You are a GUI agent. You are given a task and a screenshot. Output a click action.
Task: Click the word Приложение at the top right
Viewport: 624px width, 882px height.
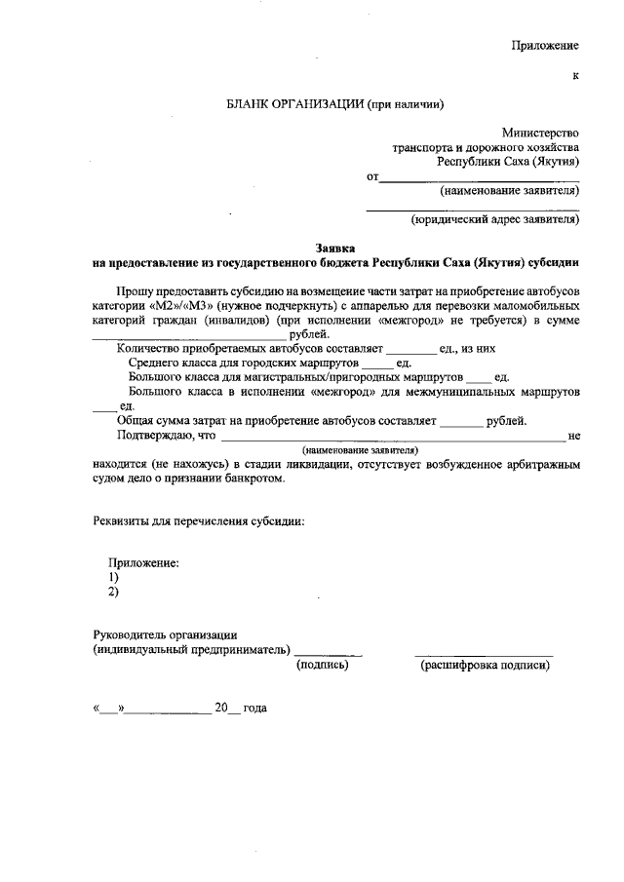(x=546, y=46)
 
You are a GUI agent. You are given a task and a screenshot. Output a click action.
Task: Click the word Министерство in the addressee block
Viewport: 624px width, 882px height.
(x=541, y=134)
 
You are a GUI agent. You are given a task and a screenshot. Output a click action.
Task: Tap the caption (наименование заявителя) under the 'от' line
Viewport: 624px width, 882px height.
(x=510, y=191)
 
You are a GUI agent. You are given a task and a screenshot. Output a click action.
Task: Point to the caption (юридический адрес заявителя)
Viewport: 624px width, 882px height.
(x=495, y=220)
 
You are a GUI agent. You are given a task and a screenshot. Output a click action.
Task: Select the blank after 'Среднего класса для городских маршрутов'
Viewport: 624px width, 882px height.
(x=375, y=363)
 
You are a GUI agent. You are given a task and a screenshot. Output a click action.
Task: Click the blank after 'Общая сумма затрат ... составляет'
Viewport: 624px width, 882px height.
(x=461, y=421)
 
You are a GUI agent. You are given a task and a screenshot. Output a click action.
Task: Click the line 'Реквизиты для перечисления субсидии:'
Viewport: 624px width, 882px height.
(x=198, y=521)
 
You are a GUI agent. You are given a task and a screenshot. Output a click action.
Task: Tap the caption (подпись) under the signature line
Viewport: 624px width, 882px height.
(x=322, y=666)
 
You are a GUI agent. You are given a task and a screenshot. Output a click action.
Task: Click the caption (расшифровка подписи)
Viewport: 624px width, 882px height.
(x=485, y=666)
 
